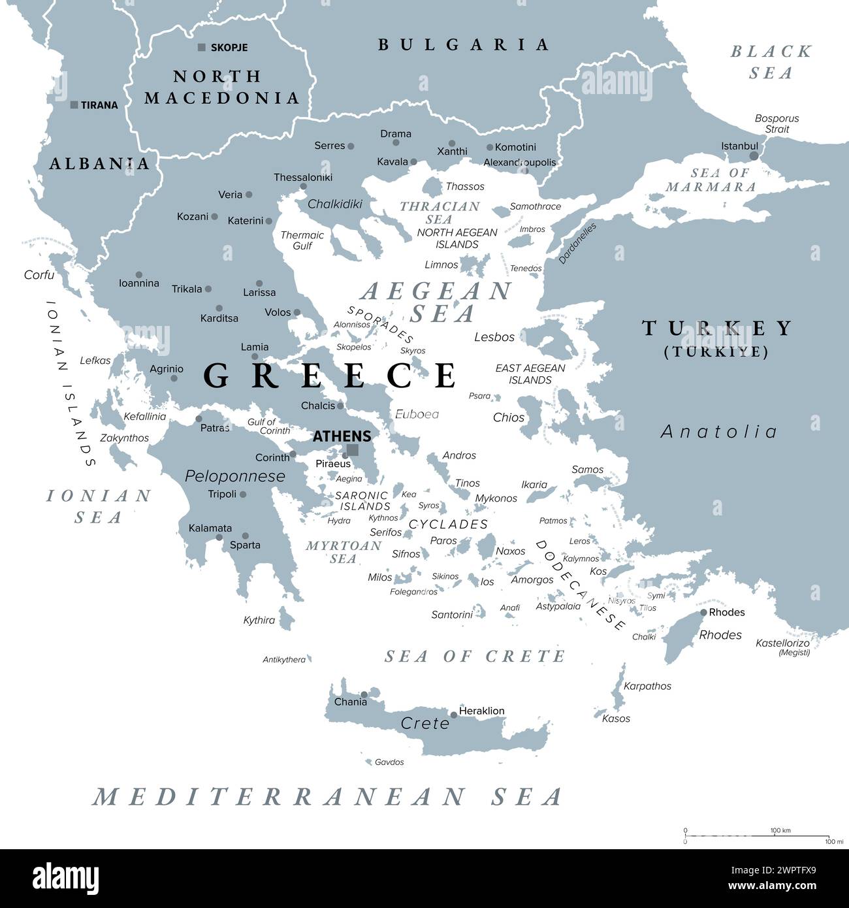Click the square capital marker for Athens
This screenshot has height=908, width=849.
353,449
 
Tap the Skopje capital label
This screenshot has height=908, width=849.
229,48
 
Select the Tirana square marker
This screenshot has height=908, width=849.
74,105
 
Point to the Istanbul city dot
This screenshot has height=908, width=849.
754,156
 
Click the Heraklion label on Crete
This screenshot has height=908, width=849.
482,711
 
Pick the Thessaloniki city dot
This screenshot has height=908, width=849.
304,187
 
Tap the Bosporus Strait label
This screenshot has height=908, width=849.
777,123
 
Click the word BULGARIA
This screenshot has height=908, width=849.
464,44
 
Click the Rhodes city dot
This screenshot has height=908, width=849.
703,612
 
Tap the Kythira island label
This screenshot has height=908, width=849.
259,620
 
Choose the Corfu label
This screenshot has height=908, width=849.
39,275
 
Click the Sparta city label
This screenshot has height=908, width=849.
245,545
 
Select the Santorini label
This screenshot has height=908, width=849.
452,615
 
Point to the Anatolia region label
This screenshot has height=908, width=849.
719,432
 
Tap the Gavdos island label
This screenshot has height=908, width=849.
389,762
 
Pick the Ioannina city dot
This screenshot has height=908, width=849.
139,275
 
